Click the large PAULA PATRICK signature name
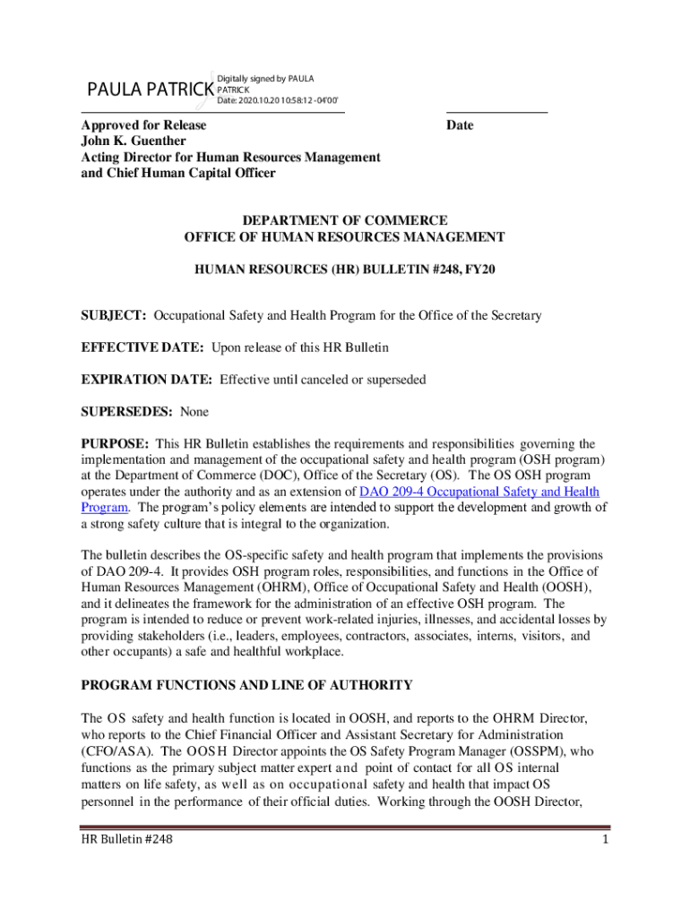150,90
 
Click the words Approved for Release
143,125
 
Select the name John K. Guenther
134,141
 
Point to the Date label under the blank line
460,125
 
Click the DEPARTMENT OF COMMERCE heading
344,220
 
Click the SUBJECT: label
115,315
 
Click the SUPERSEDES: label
127,412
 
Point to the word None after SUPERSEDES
194,412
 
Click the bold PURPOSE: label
115,444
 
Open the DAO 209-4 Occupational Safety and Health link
479,493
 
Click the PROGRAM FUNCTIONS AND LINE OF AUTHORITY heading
246,686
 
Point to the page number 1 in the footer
606,840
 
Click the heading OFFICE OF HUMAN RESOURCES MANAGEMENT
344,237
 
